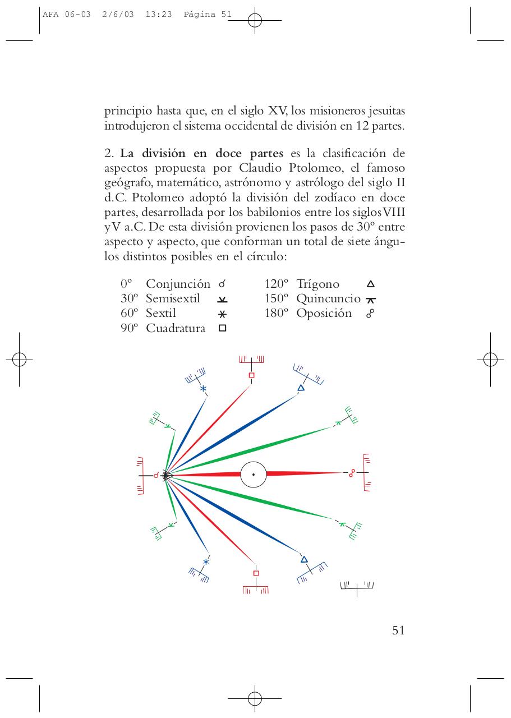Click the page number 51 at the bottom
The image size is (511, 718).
pos(398,630)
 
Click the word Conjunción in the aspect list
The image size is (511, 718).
pos(178,284)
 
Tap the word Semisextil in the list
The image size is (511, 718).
pos(173,299)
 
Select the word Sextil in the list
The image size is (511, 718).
pos(161,314)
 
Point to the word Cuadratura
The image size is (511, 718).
pos(176,329)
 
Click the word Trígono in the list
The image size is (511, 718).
pos(317,284)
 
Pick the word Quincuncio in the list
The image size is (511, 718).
pos(328,299)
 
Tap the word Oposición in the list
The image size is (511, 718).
pos(324,314)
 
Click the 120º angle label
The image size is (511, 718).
pos(277,284)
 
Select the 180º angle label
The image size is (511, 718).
pos(277,314)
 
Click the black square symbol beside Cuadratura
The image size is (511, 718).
pos(222,329)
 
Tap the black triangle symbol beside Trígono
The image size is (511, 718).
pos(370,284)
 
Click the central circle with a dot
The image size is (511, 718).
pos(253,475)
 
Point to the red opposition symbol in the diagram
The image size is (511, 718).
pos(352,474)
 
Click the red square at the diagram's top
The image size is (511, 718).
pos(251,375)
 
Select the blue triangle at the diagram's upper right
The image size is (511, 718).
pos(301,388)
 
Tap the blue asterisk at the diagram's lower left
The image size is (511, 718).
pos(206,562)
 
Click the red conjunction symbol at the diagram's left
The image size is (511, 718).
pos(156,476)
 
